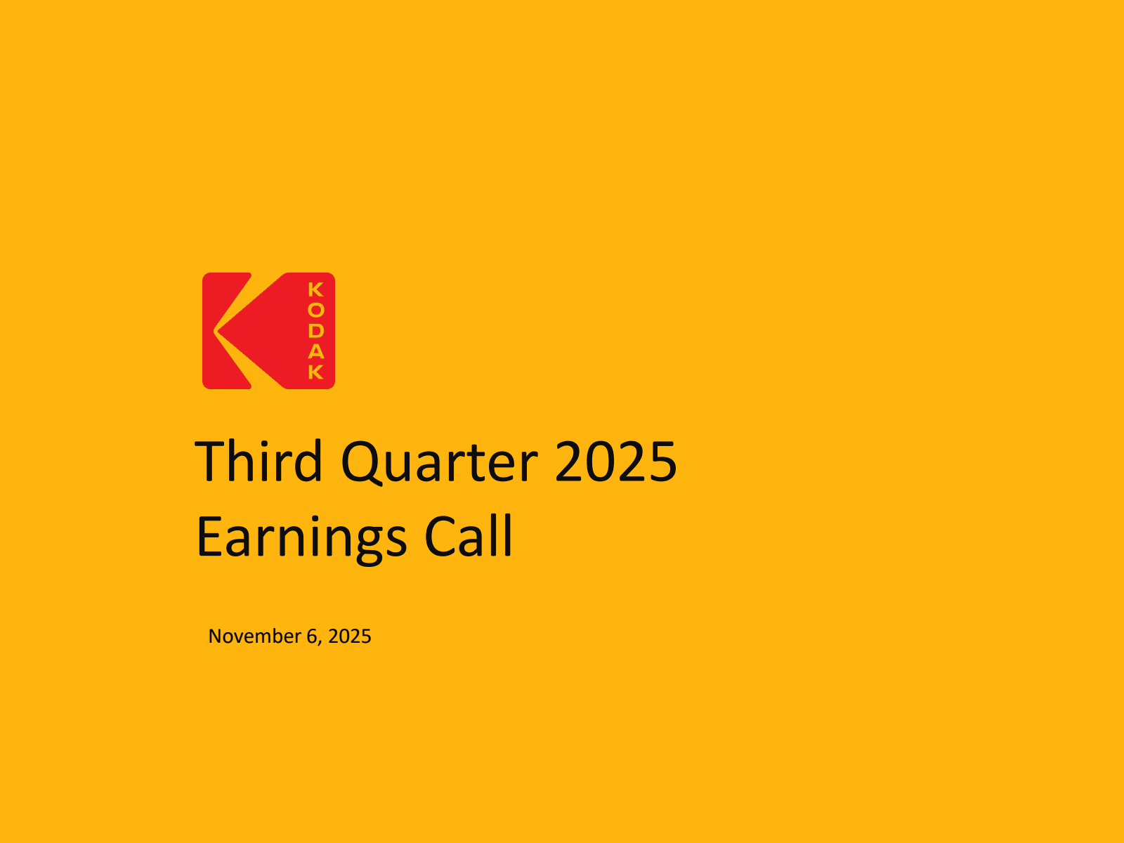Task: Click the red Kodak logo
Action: pyautogui.click(x=268, y=331)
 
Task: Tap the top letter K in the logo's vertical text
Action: pyautogui.click(x=316, y=289)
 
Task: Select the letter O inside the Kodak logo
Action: pyautogui.click(x=316, y=310)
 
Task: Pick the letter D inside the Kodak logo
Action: pyautogui.click(x=316, y=330)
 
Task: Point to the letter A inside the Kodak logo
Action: pyautogui.click(x=316, y=351)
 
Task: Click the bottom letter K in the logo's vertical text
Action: pyautogui.click(x=316, y=371)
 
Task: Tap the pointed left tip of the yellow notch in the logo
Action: pyautogui.click(x=216, y=331)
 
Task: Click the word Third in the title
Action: pyautogui.click(x=258, y=462)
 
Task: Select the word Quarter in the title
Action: pyautogui.click(x=439, y=462)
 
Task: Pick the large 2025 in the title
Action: pyautogui.click(x=615, y=462)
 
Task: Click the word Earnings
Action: pyautogui.click(x=301, y=537)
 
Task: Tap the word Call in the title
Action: pyautogui.click(x=469, y=537)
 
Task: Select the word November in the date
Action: pyautogui.click(x=254, y=636)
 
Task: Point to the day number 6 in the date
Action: pyautogui.click(x=313, y=636)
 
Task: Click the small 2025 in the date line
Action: pyautogui.click(x=349, y=636)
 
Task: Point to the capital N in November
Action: pyautogui.click(x=215, y=636)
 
